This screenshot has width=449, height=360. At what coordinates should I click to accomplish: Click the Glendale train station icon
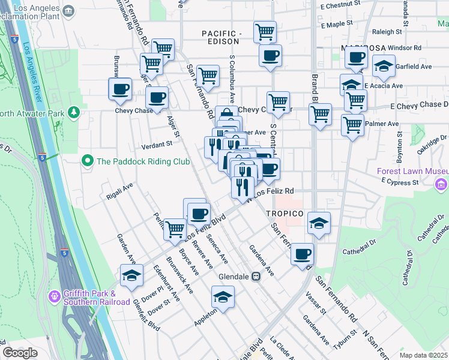click(x=255, y=277)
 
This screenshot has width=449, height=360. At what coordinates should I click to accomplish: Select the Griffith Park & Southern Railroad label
click(x=96, y=298)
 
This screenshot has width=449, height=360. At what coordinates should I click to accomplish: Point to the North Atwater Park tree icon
click(x=74, y=112)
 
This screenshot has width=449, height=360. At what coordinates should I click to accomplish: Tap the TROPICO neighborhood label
click(x=283, y=214)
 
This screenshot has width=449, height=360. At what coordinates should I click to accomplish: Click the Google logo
click(x=20, y=352)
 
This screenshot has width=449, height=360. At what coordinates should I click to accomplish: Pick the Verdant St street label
click(x=157, y=145)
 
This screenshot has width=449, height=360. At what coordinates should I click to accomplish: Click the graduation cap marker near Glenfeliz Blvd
click(x=131, y=275)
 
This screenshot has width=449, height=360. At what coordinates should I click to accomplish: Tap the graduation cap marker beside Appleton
click(x=223, y=297)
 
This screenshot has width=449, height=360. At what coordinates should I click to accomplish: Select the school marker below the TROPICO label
click(x=319, y=223)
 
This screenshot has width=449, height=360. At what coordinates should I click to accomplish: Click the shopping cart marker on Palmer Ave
click(x=352, y=125)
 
